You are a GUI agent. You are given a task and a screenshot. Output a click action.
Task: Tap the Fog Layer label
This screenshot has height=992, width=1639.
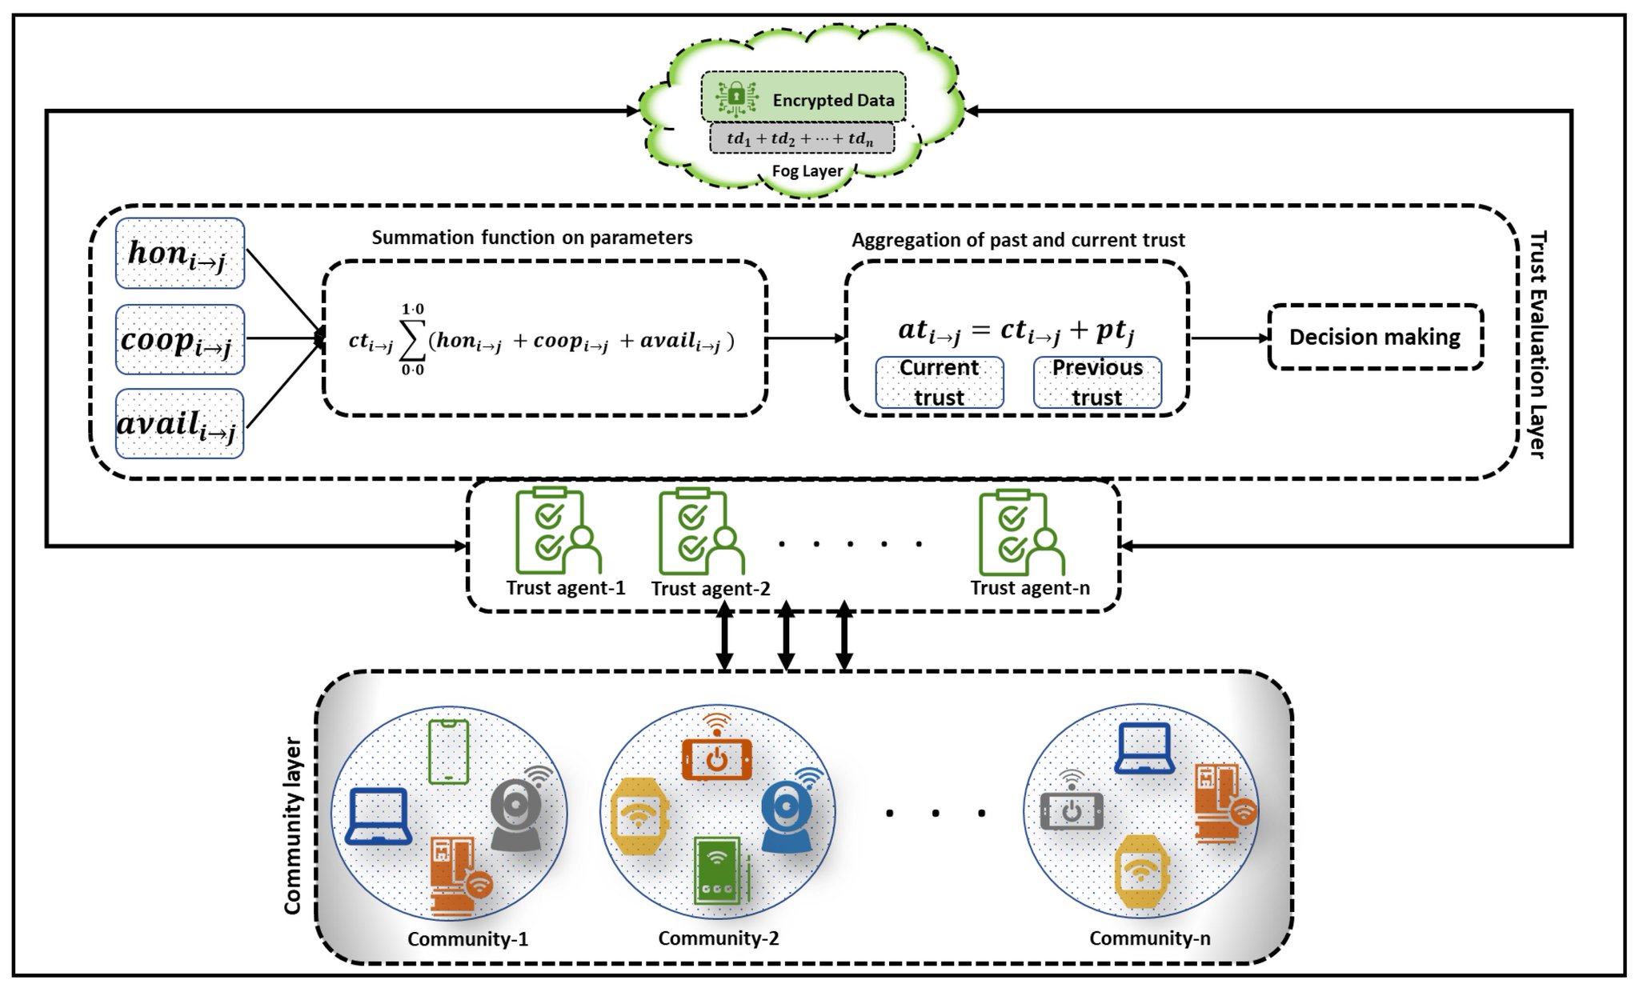[807, 170]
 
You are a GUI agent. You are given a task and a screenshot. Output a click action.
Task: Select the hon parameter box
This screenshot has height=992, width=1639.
[179, 254]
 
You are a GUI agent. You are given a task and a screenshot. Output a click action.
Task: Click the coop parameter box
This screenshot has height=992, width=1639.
[179, 339]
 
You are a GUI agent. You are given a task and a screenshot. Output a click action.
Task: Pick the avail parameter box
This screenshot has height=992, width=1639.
[179, 424]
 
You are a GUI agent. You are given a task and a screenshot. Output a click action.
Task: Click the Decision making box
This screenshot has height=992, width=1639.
[1375, 337]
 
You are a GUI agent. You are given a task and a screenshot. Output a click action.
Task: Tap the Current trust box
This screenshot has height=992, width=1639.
[939, 382]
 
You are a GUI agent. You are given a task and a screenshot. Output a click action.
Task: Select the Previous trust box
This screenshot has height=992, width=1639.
[1097, 382]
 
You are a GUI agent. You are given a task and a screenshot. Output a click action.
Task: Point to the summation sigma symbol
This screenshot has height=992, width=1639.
[411, 339]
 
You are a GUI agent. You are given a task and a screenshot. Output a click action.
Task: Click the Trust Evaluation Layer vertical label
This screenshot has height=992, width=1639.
[1537, 344]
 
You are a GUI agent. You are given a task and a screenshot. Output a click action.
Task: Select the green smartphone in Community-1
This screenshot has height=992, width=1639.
[448, 750]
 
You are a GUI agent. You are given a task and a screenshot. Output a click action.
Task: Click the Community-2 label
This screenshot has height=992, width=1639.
[718, 938]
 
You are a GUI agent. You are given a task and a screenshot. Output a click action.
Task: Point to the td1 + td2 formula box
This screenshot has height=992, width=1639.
[801, 138]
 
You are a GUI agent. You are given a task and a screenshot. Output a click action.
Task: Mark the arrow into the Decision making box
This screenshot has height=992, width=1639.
[1229, 338]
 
